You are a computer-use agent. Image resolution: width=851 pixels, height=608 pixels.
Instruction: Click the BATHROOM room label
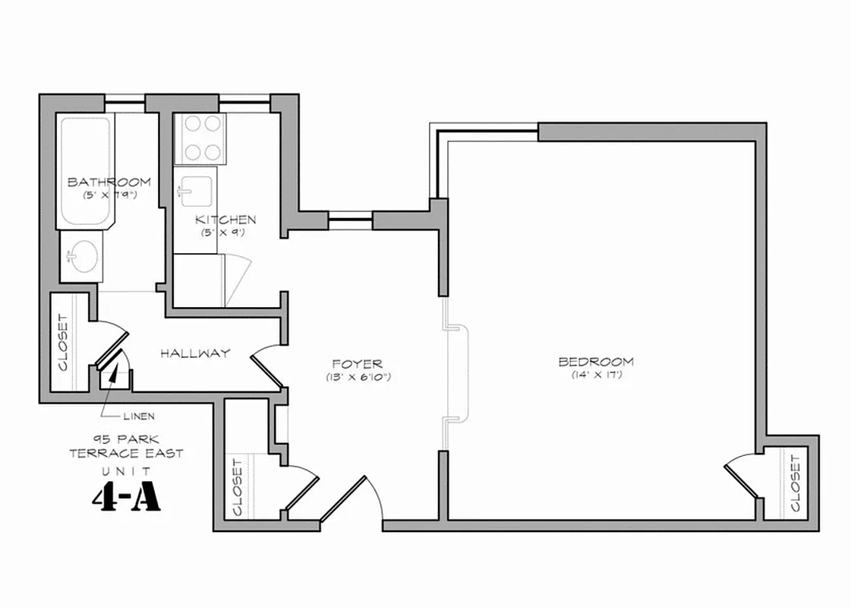click(109, 182)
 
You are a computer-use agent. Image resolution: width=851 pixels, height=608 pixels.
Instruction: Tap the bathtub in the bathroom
click(86, 170)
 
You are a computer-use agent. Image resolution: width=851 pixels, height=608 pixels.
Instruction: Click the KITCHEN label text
click(225, 220)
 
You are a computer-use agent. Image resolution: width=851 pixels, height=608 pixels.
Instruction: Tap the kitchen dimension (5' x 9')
click(222, 233)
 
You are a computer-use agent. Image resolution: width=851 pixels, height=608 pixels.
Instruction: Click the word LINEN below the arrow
click(140, 416)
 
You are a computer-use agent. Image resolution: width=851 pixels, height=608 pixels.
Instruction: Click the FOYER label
click(357, 365)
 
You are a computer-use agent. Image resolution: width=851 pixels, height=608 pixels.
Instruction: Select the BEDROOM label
click(596, 362)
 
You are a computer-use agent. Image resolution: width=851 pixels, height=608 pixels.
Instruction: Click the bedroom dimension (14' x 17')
click(597, 375)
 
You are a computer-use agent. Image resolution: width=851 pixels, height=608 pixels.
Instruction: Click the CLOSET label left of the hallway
click(62, 343)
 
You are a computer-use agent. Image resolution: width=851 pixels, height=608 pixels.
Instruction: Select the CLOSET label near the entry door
click(238, 486)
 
